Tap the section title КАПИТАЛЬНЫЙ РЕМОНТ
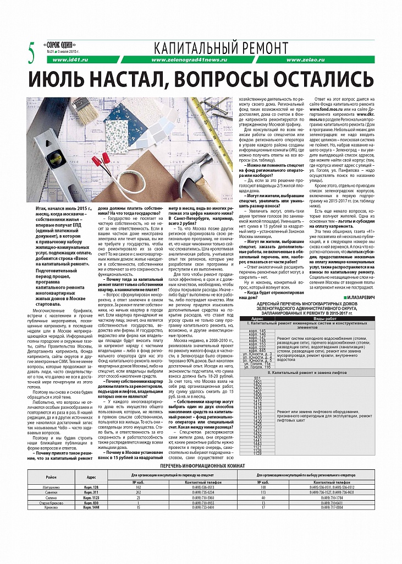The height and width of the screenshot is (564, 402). tap(221, 47)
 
